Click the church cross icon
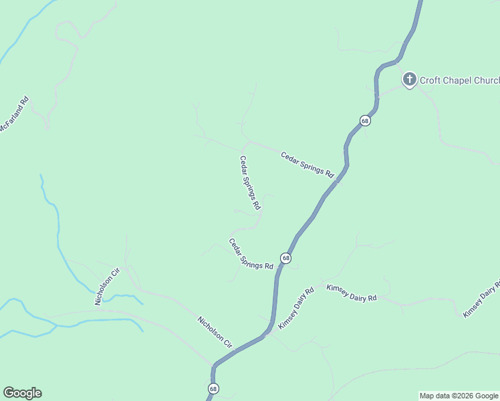click(409, 80)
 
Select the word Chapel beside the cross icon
click(459, 81)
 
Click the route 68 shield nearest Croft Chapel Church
click(364, 120)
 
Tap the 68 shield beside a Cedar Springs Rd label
click(285, 258)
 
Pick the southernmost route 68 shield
click(213, 388)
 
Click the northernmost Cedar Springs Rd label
click(307, 164)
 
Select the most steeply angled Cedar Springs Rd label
click(249, 183)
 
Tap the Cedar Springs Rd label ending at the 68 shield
click(251, 254)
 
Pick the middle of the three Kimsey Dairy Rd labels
click(352, 292)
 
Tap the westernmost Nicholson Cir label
click(107, 287)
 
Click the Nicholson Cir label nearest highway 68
click(215, 332)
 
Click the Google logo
click(22, 393)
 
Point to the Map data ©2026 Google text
click(459, 396)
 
